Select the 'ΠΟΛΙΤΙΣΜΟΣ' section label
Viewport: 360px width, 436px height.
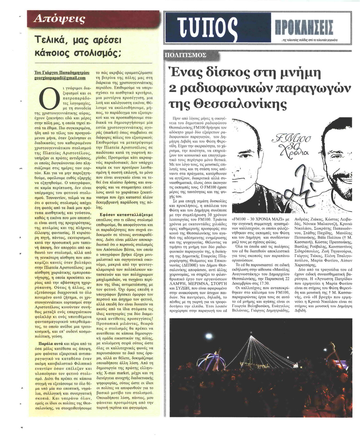[x=187, y=56]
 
